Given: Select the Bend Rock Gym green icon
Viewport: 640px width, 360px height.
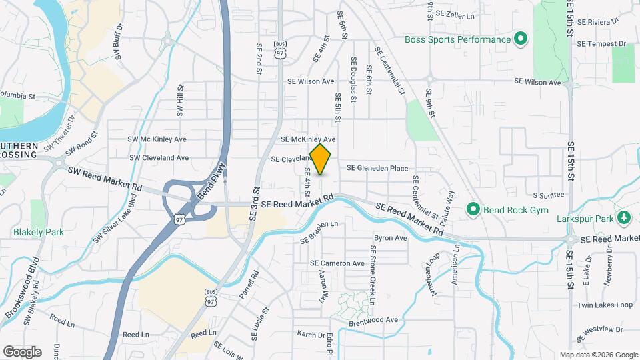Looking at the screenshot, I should click(x=474, y=210).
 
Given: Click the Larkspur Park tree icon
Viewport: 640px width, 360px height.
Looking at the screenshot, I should click(x=624, y=217).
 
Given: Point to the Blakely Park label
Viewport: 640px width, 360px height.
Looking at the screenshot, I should click(x=39, y=233).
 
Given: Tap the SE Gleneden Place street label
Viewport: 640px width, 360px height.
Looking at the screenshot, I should click(x=377, y=169).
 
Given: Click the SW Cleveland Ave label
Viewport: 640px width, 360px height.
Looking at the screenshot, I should click(x=159, y=158).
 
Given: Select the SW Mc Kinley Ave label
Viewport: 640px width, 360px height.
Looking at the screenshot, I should click(x=157, y=139).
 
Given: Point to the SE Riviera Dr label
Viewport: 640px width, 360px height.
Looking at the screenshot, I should click(x=603, y=21).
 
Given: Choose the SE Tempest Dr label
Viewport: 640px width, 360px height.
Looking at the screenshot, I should click(x=602, y=44).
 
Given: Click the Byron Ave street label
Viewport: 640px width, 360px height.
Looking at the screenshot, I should click(x=391, y=237).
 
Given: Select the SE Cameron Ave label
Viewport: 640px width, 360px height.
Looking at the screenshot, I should click(x=337, y=263).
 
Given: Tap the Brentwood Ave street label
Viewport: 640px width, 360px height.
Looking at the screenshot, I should click(x=373, y=321).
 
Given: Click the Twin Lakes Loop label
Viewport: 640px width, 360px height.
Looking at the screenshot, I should click(x=605, y=305).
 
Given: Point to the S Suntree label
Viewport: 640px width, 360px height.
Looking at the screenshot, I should click(x=549, y=195).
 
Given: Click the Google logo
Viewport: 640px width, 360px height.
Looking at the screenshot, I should click(x=23, y=351).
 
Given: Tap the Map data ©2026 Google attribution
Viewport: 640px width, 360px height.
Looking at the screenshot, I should click(x=598, y=355).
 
